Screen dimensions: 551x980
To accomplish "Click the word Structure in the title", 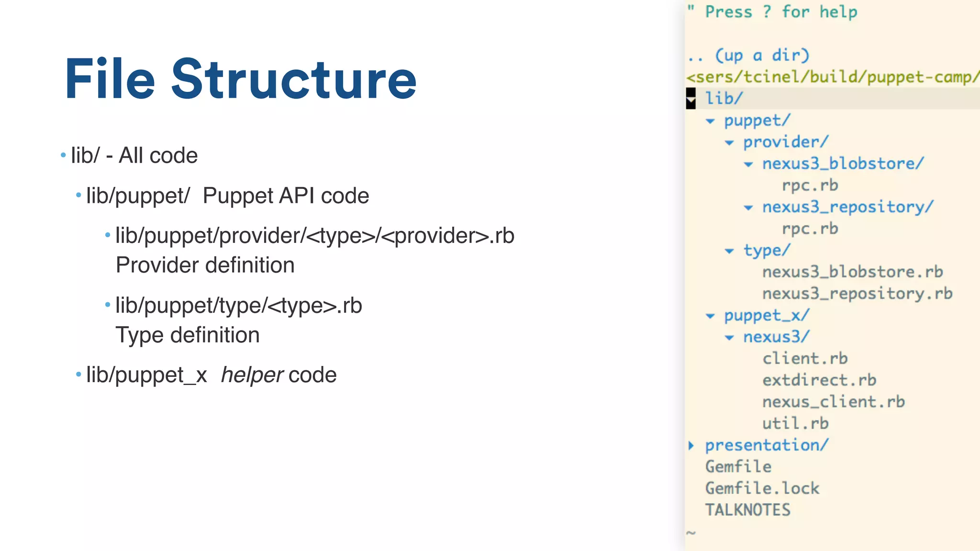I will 294,79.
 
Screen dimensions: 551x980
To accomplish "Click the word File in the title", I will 110,79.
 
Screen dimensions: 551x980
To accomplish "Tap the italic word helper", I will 252,375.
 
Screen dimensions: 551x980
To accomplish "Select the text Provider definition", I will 205,265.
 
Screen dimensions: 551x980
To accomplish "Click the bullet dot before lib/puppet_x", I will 78,374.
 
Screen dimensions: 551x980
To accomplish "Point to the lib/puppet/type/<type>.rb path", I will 238,306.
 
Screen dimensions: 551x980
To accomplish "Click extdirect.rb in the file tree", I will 819,380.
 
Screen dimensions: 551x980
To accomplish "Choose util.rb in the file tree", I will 795,424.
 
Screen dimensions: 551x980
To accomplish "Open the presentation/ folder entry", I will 767,445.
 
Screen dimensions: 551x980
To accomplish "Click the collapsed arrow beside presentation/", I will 691,445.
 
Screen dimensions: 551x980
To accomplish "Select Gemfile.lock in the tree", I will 762,488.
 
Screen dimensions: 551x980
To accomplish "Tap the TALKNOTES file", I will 747,510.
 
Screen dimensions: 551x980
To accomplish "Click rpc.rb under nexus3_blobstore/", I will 810,186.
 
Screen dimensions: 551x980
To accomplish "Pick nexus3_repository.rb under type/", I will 857,294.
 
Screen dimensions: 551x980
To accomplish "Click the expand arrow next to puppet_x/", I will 710,316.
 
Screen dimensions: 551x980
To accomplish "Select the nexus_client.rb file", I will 833,402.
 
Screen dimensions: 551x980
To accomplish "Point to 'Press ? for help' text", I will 781,12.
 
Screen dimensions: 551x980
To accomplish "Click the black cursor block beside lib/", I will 690,99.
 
